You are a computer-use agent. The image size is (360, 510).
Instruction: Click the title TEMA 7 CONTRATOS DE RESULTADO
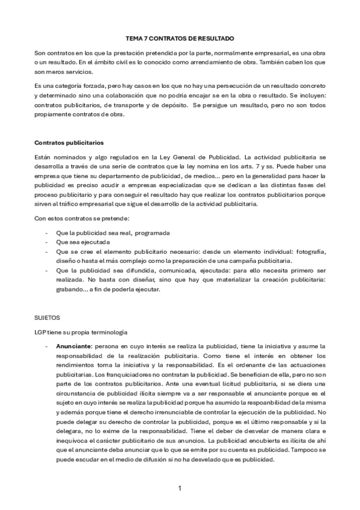(x=180, y=37)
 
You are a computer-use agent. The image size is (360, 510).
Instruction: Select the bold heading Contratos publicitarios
(x=69, y=143)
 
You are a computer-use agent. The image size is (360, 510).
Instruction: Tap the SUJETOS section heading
(x=47, y=315)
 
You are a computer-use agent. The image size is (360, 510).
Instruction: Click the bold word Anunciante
(x=74, y=346)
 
